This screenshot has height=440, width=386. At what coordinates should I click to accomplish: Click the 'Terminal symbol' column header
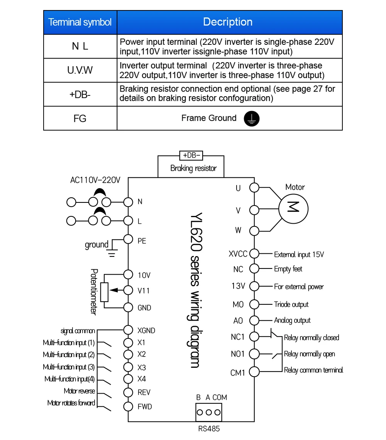click(80, 22)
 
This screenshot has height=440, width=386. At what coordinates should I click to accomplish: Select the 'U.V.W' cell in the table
click(80, 70)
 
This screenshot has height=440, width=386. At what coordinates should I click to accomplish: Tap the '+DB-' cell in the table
click(80, 94)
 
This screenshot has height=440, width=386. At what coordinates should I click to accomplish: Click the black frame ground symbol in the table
click(251, 119)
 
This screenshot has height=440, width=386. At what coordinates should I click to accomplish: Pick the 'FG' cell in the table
click(80, 119)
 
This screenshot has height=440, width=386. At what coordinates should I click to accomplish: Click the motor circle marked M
click(293, 209)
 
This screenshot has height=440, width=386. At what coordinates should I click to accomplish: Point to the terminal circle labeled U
click(254, 187)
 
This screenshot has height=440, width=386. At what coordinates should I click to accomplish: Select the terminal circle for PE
click(128, 240)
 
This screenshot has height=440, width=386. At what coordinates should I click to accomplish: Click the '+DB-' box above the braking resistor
click(191, 155)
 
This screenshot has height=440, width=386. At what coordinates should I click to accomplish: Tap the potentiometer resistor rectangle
click(104, 292)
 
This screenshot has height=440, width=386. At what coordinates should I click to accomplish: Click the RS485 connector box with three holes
click(208, 412)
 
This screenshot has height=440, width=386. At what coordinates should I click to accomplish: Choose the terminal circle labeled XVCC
click(254, 253)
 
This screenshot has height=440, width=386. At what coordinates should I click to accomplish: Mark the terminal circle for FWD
click(128, 406)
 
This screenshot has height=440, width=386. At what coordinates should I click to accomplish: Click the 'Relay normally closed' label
click(312, 338)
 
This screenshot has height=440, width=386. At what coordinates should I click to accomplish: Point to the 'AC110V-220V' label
click(95, 180)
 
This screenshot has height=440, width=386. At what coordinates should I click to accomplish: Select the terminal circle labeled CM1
click(254, 372)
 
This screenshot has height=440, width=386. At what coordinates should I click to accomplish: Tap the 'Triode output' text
click(291, 304)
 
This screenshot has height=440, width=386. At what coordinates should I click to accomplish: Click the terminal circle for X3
click(128, 367)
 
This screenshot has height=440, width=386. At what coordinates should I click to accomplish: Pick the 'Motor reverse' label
click(80, 391)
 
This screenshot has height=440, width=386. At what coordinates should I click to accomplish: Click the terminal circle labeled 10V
click(128, 275)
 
